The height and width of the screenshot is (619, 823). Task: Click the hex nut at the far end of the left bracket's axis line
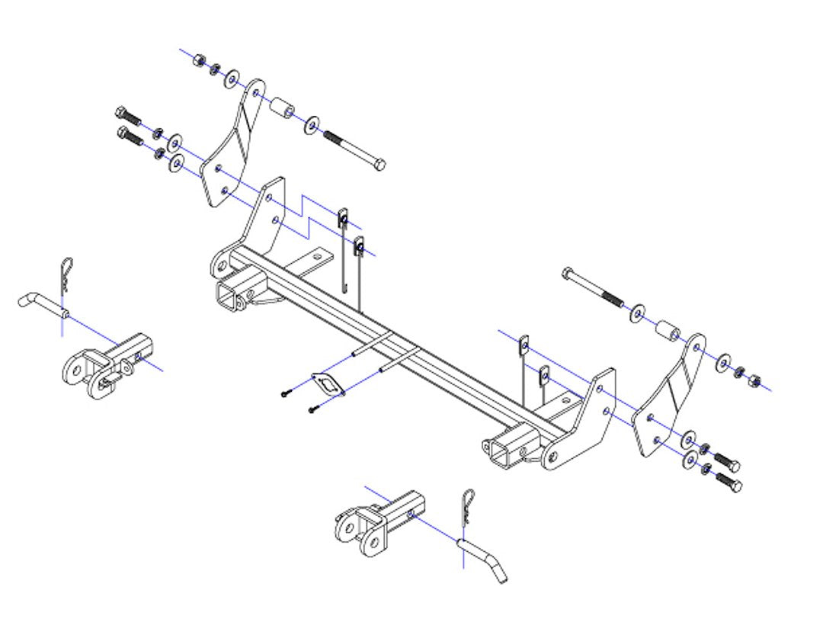(x=200, y=59)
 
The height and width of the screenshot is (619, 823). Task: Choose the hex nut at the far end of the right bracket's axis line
(x=754, y=378)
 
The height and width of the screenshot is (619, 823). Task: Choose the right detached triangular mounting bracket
(x=669, y=397)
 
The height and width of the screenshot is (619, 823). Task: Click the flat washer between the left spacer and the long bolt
(x=312, y=124)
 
